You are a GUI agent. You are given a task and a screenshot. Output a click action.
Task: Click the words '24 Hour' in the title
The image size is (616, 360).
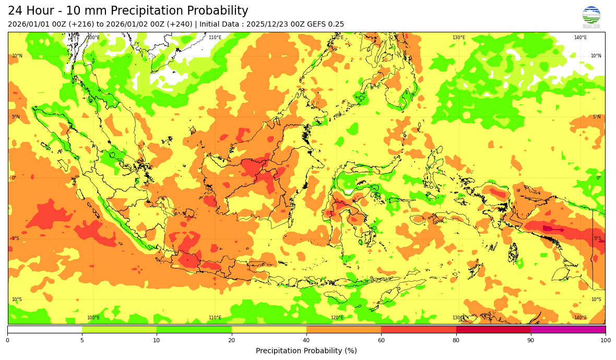pos(30,11)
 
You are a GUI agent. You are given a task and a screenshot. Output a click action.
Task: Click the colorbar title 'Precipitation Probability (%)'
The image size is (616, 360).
pos(306,351)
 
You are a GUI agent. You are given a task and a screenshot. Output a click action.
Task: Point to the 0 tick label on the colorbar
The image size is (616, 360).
pos(7,340)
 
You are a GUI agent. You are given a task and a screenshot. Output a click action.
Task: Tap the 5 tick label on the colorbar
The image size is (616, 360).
pos(82,340)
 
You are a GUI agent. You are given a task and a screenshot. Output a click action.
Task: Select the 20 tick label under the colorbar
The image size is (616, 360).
pos(231,340)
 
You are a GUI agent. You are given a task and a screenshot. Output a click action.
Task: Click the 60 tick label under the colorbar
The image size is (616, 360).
pos(381,340)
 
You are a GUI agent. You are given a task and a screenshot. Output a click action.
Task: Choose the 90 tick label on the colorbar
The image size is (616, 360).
pos(531,340)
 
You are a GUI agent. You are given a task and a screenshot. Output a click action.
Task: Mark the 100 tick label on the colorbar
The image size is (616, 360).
pos(605,340)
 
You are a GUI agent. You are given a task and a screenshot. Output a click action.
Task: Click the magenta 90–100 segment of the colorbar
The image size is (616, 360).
pos(568,329)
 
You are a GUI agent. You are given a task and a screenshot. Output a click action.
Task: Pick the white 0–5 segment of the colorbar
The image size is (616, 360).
pos(45,329)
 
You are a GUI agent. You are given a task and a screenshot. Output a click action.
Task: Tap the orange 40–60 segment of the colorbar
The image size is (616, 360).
pos(343,329)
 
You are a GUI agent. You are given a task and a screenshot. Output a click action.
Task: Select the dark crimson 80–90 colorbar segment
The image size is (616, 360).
pos(493,329)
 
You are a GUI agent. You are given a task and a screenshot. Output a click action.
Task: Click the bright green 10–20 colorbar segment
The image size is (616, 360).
pos(194,329)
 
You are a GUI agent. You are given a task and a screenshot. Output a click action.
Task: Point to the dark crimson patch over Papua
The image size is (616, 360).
pos(549,229)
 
